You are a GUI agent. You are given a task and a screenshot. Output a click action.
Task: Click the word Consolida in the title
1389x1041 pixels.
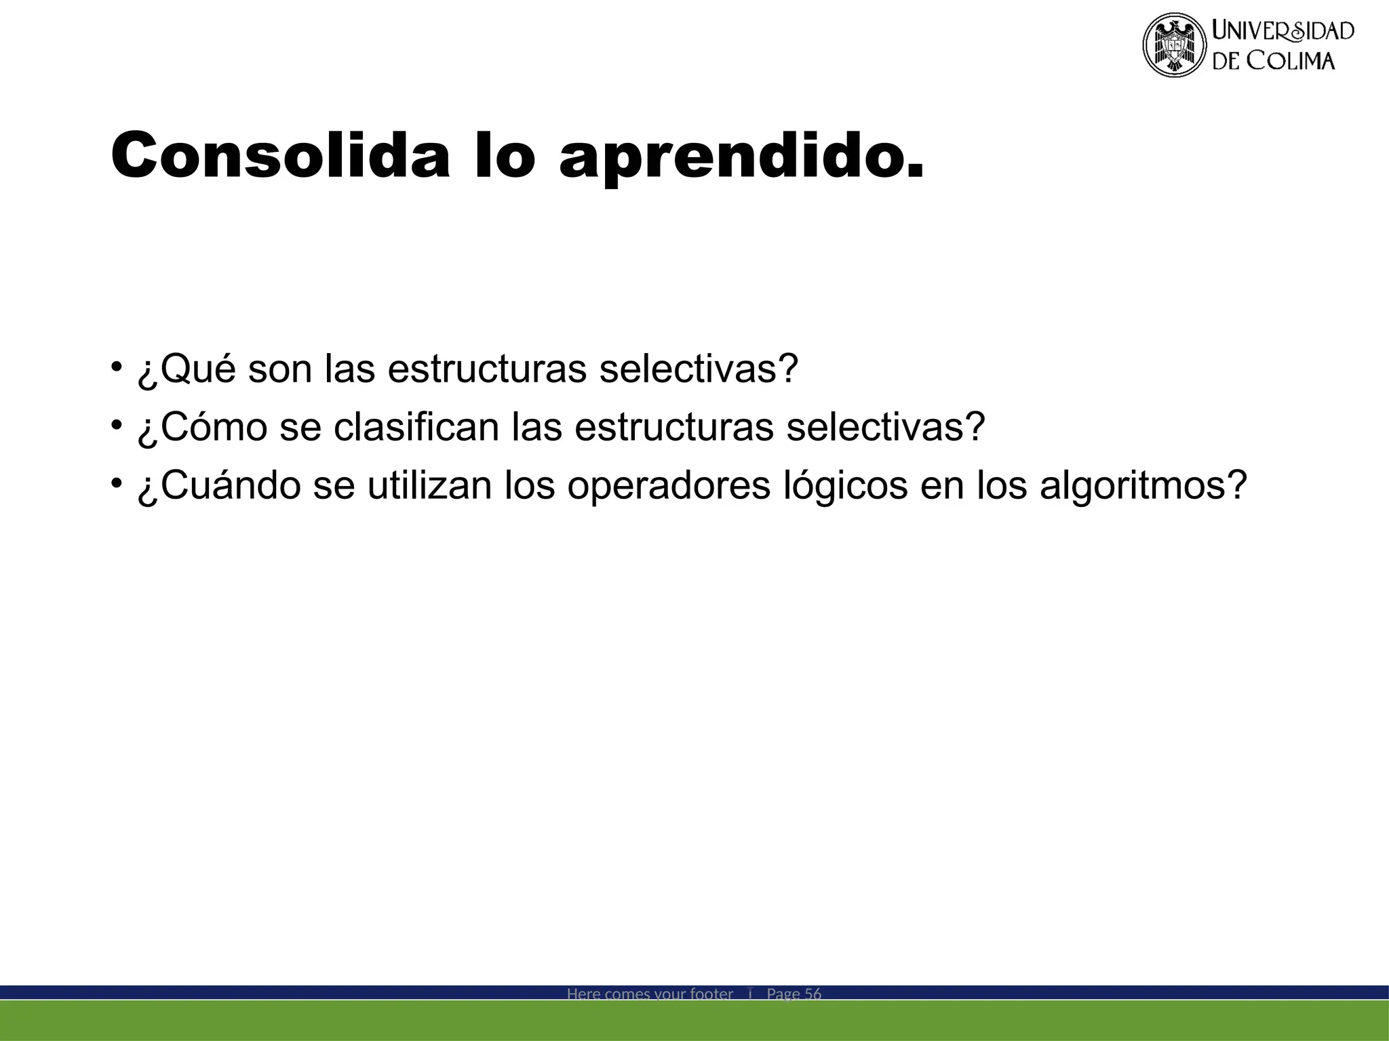pyautogui.click(x=280, y=155)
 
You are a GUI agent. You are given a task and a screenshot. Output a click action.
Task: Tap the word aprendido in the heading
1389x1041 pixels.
pyautogui.click(x=741, y=158)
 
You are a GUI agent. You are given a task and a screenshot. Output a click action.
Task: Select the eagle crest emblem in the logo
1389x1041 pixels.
pyautogui.click(x=1175, y=45)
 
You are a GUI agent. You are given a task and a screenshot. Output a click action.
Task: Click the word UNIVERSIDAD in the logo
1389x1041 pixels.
pyautogui.click(x=1283, y=31)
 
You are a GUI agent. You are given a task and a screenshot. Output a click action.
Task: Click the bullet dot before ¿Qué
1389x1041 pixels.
pyautogui.click(x=117, y=367)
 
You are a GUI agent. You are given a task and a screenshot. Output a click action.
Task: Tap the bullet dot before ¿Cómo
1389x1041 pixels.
pyautogui.click(x=117, y=425)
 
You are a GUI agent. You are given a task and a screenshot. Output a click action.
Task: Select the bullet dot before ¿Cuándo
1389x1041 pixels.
pyautogui.click(x=117, y=483)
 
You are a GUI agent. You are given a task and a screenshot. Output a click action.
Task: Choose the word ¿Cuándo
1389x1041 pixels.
pyautogui.click(x=218, y=486)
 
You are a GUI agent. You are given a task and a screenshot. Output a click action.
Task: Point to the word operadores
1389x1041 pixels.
pyautogui.click(x=669, y=486)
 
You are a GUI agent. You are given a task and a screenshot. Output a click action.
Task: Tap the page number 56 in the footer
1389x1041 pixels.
pyautogui.click(x=813, y=994)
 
